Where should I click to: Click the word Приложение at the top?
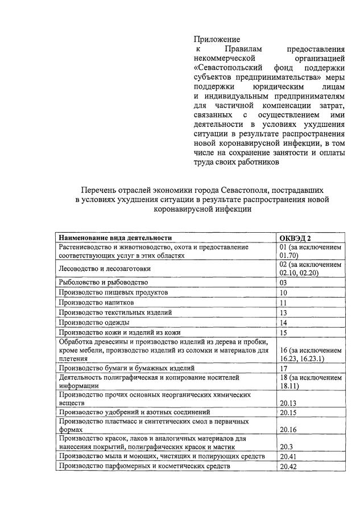[217, 40]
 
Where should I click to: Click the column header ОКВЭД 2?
[296, 238]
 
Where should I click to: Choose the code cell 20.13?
[288, 403]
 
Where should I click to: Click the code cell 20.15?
[288, 412]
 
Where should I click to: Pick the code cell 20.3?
[286, 447]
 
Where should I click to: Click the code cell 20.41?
[288, 457]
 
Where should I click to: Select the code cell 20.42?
[288, 467]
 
